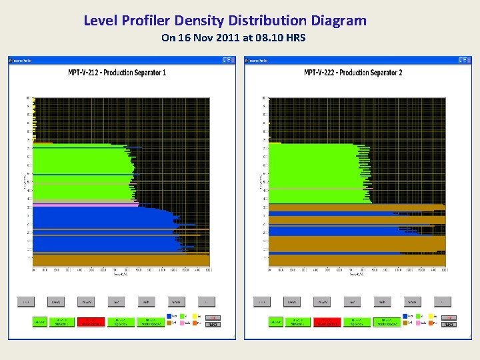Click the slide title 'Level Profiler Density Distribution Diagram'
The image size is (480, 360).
click(x=225, y=21)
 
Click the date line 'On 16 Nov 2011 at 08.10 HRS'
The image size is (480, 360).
click(x=233, y=38)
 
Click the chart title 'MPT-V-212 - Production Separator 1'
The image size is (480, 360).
click(x=117, y=72)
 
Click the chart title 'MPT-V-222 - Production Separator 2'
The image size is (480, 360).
click(x=353, y=72)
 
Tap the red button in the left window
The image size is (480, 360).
click(x=92, y=321)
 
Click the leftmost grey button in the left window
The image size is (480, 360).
click(x=26, y=302)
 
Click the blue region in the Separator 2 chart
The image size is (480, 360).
click(x=333, y=231)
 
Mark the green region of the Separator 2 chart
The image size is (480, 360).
click(x=313, y=167)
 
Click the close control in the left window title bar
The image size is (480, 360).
click(x=231, y=60)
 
